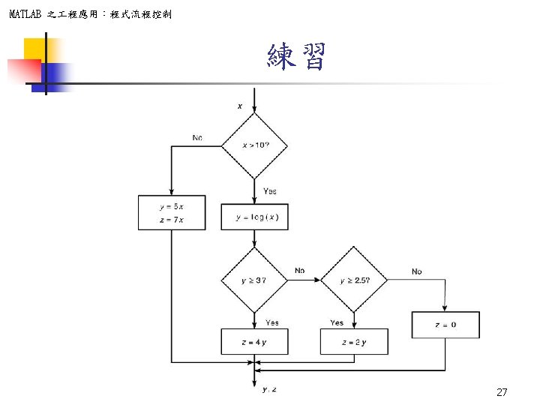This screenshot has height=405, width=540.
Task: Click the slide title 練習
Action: pos(296,57)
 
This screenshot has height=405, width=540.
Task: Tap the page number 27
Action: pos(502,392)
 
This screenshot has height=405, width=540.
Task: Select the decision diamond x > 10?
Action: pos(254,145)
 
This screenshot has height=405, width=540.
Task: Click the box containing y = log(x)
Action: pos(254,217)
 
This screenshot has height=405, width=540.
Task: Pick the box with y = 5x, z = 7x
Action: pos(172,212)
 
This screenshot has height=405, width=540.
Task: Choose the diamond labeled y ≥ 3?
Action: pos(254,280)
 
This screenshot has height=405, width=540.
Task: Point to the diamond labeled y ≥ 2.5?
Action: pos(354,280)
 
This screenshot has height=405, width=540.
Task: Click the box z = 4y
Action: pos(254,342)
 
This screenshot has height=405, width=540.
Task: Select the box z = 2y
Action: pos(354,342)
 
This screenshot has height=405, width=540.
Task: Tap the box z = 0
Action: pos(445,325)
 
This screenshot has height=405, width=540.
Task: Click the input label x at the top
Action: pos(240,106)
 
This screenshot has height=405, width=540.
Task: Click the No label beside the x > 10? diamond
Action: pos(197,138)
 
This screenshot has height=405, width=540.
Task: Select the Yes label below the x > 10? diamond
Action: pos(270,191)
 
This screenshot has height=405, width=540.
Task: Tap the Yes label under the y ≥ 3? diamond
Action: pos(272,322)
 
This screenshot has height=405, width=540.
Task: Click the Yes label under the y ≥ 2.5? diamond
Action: pos(337,322)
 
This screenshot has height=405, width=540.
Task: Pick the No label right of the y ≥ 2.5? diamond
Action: pos(416,271)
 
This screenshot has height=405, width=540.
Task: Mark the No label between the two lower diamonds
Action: pos(300,270)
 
